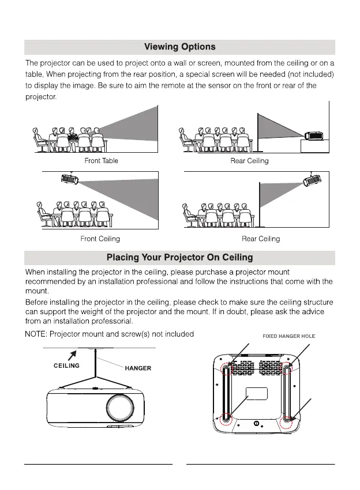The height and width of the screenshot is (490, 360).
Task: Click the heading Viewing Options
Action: [179, 47]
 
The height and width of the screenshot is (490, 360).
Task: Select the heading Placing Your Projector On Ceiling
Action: [179, 257]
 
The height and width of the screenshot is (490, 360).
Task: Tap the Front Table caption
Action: [101, 161]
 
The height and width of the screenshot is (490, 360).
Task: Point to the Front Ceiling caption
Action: [101, 239]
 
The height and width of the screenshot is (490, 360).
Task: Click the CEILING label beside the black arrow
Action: [66, 365]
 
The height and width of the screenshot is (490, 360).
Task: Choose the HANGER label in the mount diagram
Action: [138, 368]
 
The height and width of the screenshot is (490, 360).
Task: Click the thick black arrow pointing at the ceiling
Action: [73, 353]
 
